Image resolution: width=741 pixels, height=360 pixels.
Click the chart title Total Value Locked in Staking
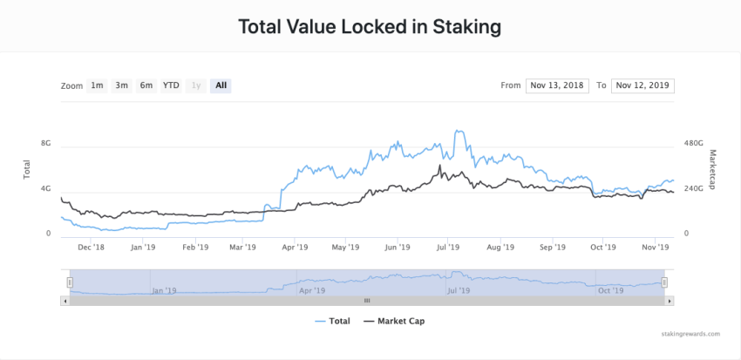click(370, 27)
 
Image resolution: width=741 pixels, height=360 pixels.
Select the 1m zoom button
click(97, 85)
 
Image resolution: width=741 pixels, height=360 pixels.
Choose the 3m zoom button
click(122, 85)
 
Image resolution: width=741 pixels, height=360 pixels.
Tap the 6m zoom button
click(146, 85)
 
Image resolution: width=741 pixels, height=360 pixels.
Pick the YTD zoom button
click(171, 85)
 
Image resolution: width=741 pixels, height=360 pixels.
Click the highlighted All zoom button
click(221, 85)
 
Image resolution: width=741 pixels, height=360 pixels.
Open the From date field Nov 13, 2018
click(557, 85)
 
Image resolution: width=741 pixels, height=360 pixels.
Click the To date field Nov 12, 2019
click(642, 85)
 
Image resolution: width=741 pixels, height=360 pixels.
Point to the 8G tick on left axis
click(45, 143)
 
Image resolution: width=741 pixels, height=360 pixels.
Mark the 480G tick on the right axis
click(693, 143)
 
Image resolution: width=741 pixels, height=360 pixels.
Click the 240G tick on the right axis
click(693, 188)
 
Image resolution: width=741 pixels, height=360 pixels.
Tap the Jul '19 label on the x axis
click(447, 248)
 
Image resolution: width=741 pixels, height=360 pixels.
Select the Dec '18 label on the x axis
click(91, 248)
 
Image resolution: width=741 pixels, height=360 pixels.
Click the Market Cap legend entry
click(393, 321)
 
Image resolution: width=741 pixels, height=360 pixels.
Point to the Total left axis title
click(27, 170)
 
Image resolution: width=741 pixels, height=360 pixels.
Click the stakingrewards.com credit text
click(690, 334)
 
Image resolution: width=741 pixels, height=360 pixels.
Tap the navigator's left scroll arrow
click(64, 301)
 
